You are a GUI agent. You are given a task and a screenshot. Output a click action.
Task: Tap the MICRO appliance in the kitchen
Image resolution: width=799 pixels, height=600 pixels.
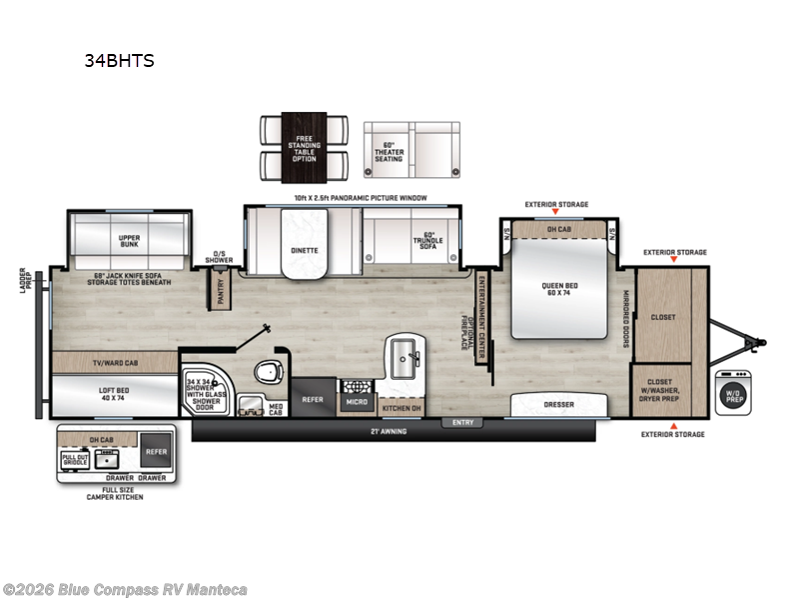click(x=357, y=401)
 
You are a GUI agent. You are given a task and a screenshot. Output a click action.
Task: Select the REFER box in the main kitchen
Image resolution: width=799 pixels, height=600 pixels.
click(x=314, y=398)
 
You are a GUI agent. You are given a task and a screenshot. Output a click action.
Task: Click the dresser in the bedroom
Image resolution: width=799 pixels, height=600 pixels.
click(x=558, y=406)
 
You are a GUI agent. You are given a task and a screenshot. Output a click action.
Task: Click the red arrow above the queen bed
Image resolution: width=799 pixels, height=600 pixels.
click(x=556, y=213)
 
